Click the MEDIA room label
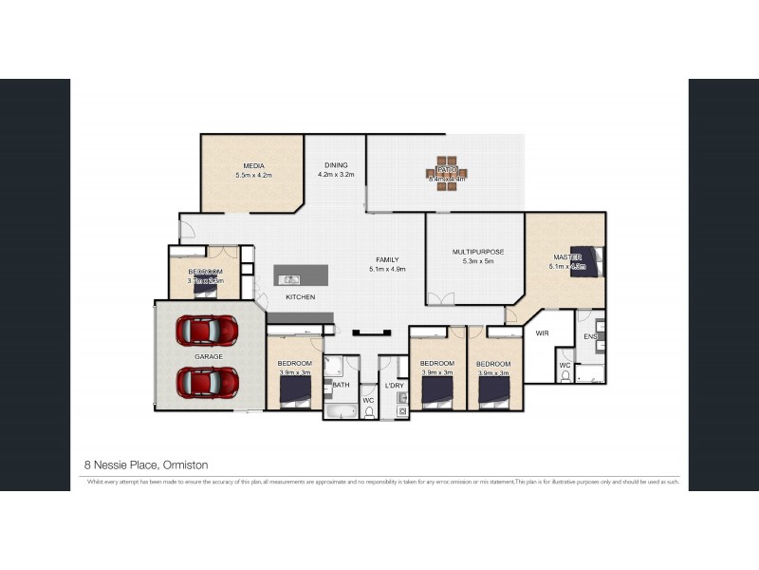pos(253,165)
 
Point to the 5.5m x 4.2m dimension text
pos(253,176)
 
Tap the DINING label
pos(335,165)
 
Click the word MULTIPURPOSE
pos(477,252)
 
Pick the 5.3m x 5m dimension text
pos(477,261)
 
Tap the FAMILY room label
pos(386,259)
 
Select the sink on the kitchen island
pos(291,279)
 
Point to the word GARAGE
pos(209,356)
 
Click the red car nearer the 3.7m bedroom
pos(208,330)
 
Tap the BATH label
pos(341,385)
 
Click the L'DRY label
pos(393,385)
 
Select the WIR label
pos(543,334)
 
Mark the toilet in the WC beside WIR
pos(565,376)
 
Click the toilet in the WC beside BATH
pos(369,412)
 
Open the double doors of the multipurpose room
pos(439,300)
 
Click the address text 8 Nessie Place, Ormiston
pos(146,465)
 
